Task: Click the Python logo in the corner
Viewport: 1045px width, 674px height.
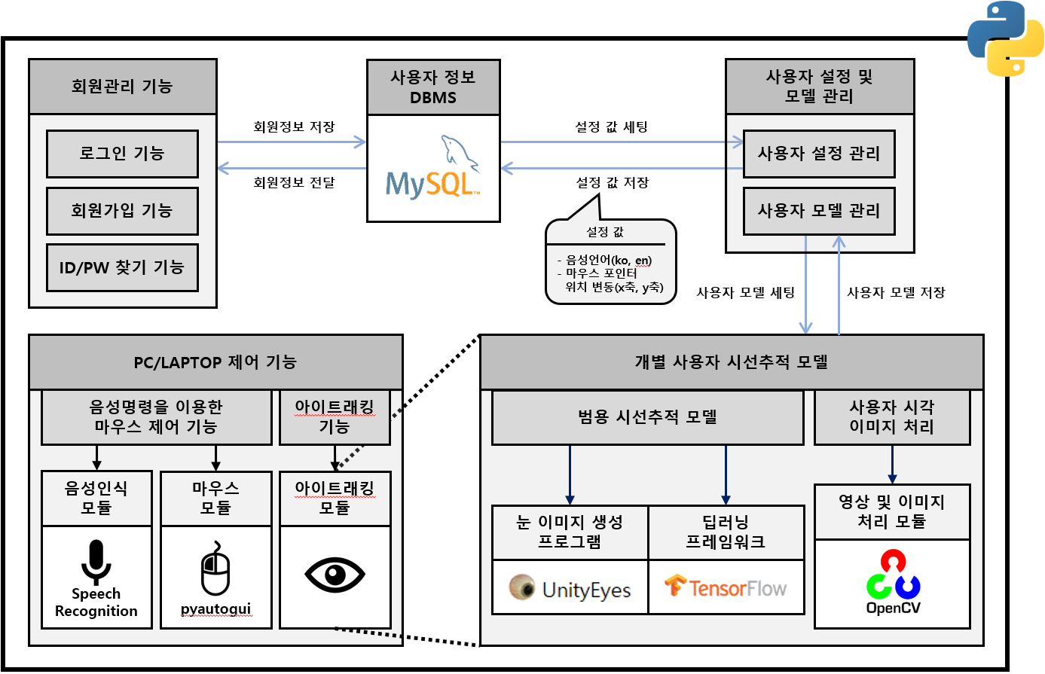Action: (x=1006, y=38)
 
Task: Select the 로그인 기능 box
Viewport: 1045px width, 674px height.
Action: (x=122, y=154)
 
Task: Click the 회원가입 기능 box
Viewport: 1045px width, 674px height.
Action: (x=122, y=211)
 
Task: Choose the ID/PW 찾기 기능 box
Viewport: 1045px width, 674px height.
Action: (x=122, y=267)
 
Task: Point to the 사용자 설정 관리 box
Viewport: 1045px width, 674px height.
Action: (x=819, y=154)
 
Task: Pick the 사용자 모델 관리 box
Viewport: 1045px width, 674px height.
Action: (x=819, y=211)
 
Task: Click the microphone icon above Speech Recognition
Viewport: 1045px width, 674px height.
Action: (x=96, y=562)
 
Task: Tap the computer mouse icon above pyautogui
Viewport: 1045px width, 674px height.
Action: (x=215, y=570)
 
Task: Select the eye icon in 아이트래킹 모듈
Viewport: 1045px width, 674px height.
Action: (x=335, y=575)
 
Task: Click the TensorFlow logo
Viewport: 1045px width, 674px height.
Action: (x=726, y=587)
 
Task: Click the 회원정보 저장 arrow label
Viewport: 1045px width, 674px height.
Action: (x=294, y=127)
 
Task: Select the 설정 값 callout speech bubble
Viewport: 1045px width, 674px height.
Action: (x=610, y=262)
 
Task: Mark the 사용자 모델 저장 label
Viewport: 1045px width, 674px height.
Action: (x=896, y=292)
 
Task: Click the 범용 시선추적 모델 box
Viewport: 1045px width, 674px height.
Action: (x=647, y=417)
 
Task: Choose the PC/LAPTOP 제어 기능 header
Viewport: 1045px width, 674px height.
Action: (x=215, y=362)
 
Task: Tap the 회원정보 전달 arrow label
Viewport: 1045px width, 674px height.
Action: (x=294, y=182)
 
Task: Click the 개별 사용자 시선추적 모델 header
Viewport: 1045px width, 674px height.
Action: (x=732, y=362)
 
